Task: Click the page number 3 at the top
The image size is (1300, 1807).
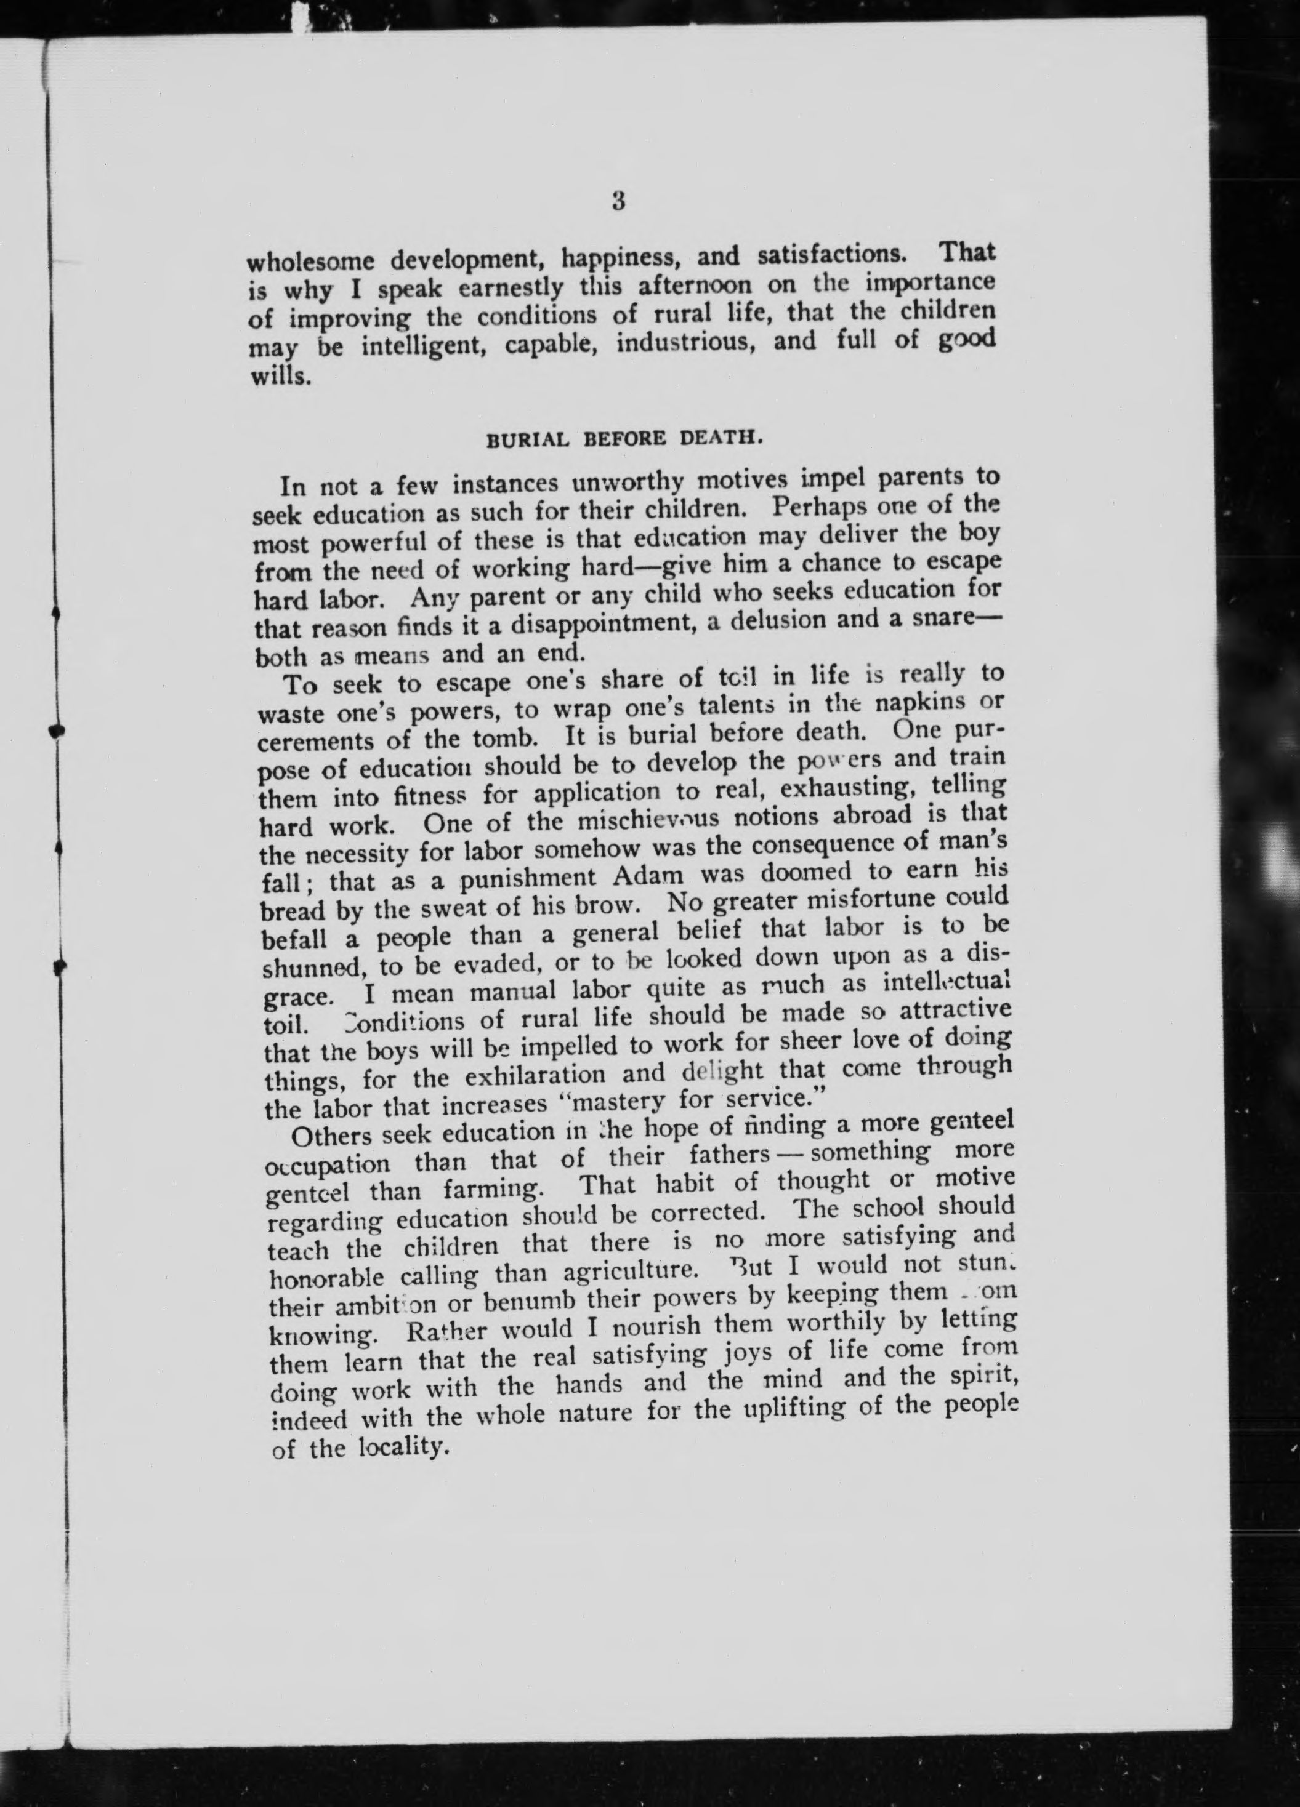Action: [x=618, y=202]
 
